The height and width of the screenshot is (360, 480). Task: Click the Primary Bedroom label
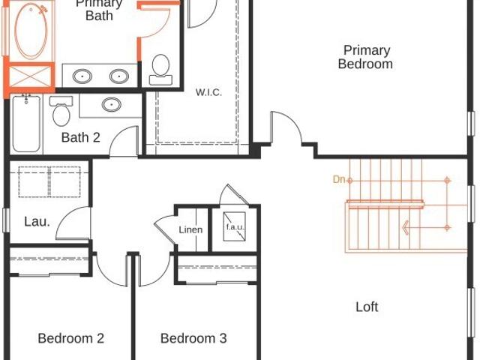click(x=365, y=57)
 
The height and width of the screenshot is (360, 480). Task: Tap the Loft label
click(x=367, y=307)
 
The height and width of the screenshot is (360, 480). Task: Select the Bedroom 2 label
click(x=71, y=338)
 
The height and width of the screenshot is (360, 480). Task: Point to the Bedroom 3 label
click(x=193, y=338)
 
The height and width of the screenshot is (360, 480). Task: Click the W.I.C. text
click(x=208, y=92)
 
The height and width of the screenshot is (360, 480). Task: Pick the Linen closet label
click(x=190, y=229)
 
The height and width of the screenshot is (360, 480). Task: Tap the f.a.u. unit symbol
click(x=235, y=226)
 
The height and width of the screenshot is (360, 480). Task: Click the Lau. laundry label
click(x=37, y=222)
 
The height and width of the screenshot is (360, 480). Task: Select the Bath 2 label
click(x=80, y=137)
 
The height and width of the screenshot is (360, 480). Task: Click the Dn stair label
click(x=338, y=179)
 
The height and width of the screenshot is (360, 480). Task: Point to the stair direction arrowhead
click(x=405, y=228)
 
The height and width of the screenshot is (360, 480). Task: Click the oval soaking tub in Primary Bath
click(x=31, y=31)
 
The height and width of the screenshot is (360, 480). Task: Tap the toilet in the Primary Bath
click(x=160, y=70)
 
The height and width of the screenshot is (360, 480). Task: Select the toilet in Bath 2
click(x=61, y=111)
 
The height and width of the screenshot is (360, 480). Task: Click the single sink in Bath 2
click(x=112, y=105)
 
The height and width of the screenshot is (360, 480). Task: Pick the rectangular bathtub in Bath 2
click(x=26, y=123)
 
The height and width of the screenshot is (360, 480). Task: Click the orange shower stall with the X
click(x=30, y=76)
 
